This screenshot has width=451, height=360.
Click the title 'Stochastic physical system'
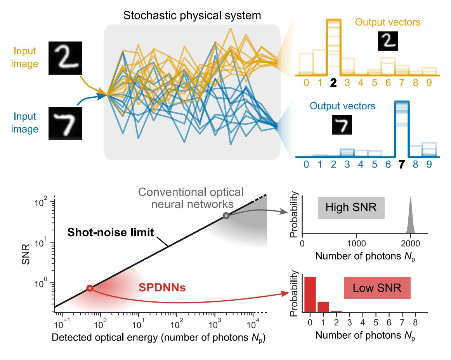tap(192, 16)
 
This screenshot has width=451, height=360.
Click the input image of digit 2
tap(66, 58)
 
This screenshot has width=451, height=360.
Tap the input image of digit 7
tap(66, 123)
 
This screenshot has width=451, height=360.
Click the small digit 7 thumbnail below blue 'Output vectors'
tap(342, 125)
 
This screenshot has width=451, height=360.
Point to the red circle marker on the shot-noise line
tap(90, 288)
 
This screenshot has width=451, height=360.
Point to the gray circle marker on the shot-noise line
tap(226, 216)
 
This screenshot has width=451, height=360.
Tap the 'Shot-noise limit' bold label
tap(111, 233)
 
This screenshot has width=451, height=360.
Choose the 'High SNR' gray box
tap(351, 208)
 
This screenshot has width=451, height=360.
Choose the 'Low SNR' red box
tap(377, 288)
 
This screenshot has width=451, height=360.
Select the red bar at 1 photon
tap(323, 306)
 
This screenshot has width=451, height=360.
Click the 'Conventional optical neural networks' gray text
tap(191, 197)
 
